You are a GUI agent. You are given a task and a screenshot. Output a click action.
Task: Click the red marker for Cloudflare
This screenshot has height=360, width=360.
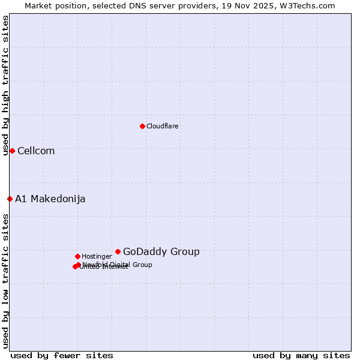pyautogui.click(x=142, y=126)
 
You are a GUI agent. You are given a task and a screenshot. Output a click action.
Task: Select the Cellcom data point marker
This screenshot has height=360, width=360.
pyautogui.click(x=12, y=151)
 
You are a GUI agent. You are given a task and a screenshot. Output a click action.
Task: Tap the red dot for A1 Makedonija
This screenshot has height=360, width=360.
pyautogui.click(x=10, y=199)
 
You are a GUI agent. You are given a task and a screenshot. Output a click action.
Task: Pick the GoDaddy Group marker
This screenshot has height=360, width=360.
pyautogui.click(x=118, y=251)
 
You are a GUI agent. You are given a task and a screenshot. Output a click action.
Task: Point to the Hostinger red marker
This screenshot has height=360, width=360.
pyautogui.click(x=77, y=256)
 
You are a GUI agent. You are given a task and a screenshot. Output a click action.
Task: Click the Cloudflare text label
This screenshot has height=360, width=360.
pyautogui.click(x=163, y=126)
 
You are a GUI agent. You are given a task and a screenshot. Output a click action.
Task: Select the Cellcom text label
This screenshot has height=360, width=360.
pyautogui.click(x=36, y=151)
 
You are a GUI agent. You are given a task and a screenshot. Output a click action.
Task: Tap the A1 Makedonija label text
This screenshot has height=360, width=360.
pyautogui.click(x=50, y=199)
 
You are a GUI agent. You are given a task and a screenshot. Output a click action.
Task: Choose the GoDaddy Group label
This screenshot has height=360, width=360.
pyautogui.click(x=161, y=251)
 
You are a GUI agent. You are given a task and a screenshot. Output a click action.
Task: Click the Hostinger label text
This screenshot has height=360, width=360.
pyautogui.click(x=97, y=256)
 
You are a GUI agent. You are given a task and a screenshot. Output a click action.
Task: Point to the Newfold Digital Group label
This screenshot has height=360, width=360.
pyautogui.click(x=118, y=265)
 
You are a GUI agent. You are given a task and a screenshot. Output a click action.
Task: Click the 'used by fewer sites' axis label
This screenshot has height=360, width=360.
pyautogui.click(x=62, y=355)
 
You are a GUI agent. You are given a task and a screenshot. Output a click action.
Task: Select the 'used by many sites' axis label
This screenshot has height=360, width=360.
pyautogui.click(x=301, y=355)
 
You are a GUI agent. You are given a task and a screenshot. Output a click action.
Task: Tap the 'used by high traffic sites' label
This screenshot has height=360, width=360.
pyautogui.click(x=5, y=86)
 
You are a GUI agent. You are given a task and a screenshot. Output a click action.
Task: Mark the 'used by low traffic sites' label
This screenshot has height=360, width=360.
pyautogui.click(x=5, y=281)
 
